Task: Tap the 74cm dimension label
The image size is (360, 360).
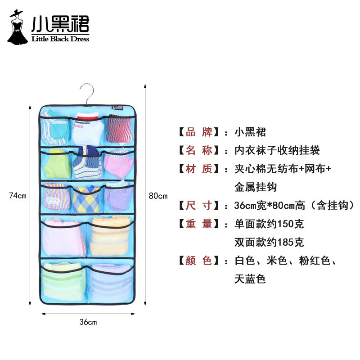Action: tap(18, 195)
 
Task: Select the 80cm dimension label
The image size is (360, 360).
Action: tap(158, 195)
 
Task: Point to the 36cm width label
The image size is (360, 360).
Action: tap(88, 322)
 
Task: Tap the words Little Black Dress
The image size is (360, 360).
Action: tap(60, 39)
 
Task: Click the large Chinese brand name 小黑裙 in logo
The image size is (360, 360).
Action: tap(60, 23)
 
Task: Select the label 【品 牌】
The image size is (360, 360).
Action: tap(197, 132)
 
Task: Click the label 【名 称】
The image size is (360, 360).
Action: tap(197, 150)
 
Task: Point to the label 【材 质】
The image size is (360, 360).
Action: tap(197, 169)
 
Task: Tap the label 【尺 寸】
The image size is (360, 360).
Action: tap(197, 206)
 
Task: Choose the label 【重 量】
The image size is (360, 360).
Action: tap(197, 224)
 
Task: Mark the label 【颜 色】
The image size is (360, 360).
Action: tap(197, 260)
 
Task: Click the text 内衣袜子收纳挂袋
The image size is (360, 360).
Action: tap(277, 150)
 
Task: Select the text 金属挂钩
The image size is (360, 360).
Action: tap(256, 187)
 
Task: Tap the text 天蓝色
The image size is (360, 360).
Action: tap(250, 279)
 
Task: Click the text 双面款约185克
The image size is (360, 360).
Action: tap(269, 242)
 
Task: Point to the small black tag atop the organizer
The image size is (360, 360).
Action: tap(118, 108)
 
